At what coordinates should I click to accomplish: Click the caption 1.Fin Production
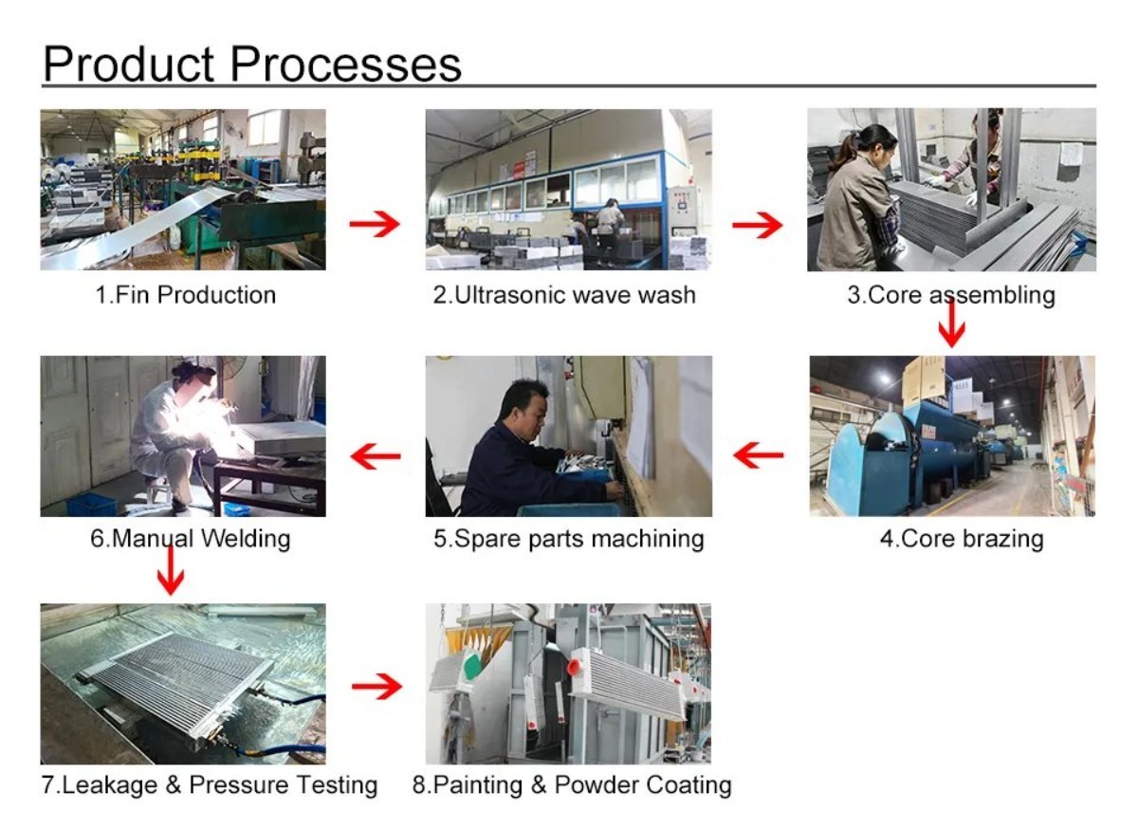tap(185, 295)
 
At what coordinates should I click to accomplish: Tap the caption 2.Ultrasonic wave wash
tap(564, 295)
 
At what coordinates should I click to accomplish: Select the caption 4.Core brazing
tap(962, 540)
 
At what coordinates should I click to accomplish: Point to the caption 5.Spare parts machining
tap(569, 540)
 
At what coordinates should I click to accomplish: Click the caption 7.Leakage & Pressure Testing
tap(210, 785)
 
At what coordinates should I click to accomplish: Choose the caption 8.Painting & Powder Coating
tap(572, 785)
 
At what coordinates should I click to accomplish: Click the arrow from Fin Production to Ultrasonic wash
tap(375, 225)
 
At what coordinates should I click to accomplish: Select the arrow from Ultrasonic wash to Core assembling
tap(757, 225)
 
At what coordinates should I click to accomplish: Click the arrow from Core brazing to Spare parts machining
tap(759, 456)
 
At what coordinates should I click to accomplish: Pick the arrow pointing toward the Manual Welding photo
tap(376, 456)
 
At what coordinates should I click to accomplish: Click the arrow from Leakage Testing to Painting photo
tap(376, 687)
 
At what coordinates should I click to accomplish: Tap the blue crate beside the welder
tap(91, 503)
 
